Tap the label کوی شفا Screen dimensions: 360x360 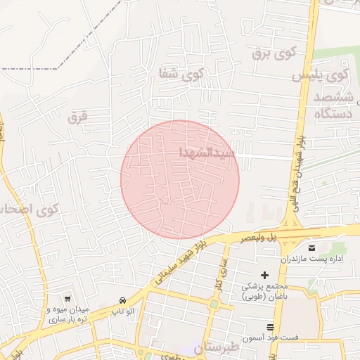coord(181,72)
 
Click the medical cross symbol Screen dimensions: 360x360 coord(264,274)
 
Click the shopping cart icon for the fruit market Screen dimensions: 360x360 coord(67,299)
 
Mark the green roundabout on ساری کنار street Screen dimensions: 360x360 coord(213,304)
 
